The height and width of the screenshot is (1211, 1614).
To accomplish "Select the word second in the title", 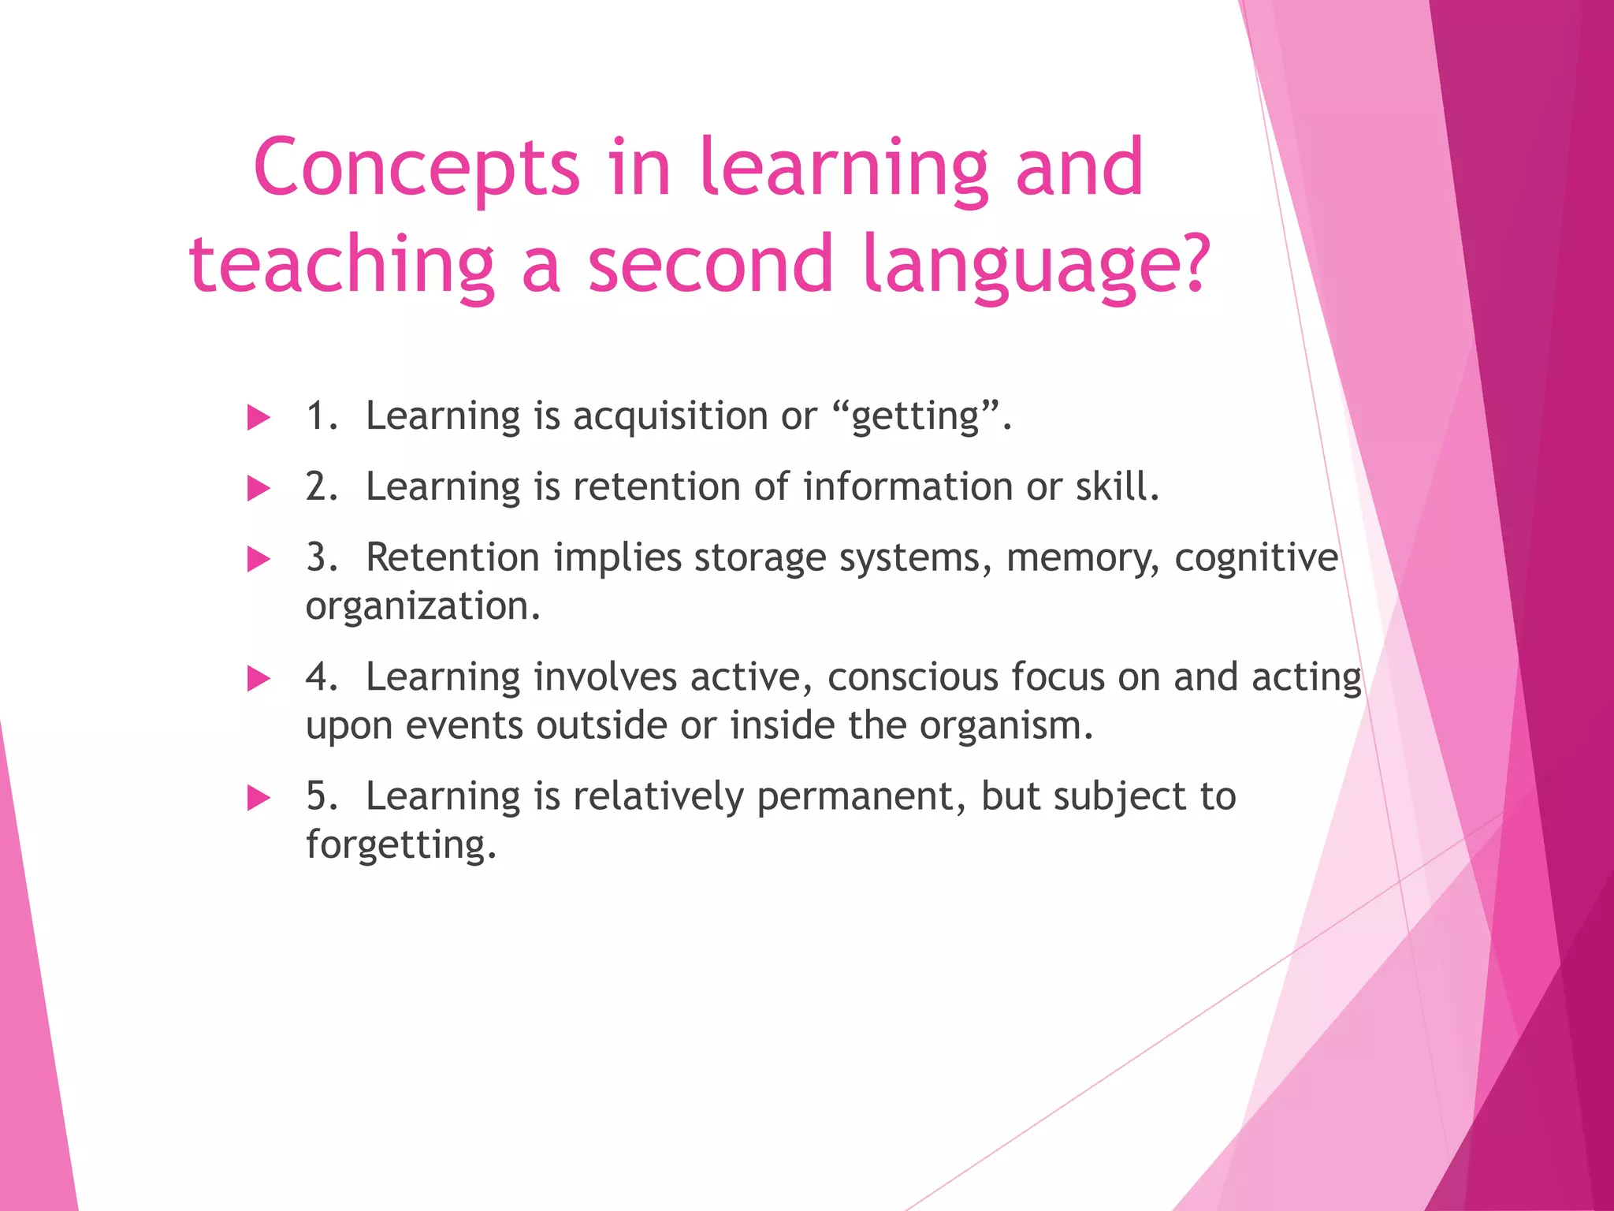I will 711,264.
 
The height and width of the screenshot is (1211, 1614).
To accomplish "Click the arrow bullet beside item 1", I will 258,418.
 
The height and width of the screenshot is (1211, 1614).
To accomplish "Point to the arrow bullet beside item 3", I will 258,560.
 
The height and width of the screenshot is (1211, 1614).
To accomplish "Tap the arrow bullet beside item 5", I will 258,798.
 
